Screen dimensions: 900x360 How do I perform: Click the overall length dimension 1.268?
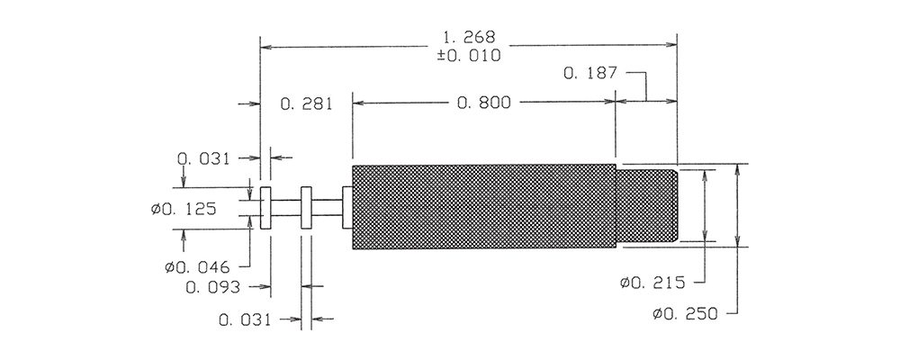[468, 38]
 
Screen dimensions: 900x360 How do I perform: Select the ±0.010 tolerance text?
[468, 56]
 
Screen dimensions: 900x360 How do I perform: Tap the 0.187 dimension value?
[590, 73]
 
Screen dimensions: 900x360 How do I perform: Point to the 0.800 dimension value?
[484, 103]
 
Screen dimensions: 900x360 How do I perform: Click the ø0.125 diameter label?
[184, 209]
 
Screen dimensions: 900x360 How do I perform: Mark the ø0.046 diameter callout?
[197, 267]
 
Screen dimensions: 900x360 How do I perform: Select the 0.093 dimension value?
[213, 287]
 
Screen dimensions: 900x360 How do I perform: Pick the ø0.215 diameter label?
[652, 283]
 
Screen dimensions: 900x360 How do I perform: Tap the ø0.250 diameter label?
[685, 314]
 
